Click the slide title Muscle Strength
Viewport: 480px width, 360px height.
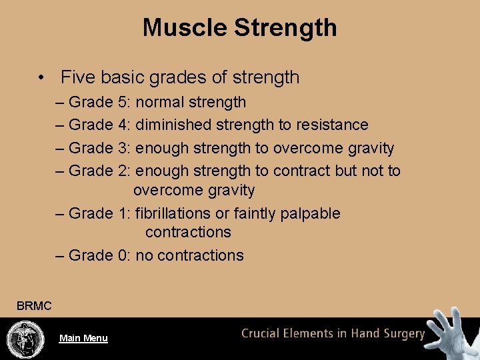coord(239,27)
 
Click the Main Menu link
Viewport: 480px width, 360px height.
coord(83,338)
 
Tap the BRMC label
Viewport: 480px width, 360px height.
coord(34,306)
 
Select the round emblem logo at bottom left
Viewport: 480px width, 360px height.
coord(26,339)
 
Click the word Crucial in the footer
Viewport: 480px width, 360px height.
coord(263,333)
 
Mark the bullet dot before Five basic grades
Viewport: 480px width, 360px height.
coord(42,77)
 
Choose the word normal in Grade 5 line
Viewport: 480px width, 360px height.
coord(159,103)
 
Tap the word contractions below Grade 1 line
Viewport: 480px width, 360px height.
coord(188,232)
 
